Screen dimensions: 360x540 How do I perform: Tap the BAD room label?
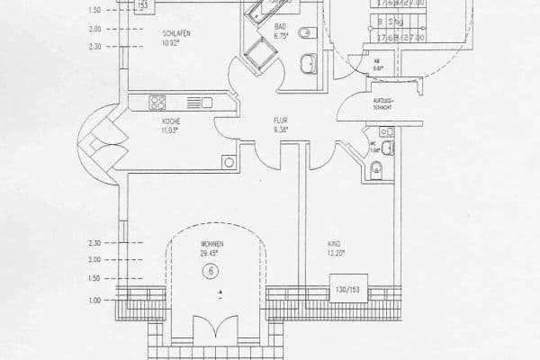[x=281, y=27]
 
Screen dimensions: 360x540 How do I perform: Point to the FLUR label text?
[x=281, y=120]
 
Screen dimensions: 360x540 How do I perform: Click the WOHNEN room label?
[x=211, y=245]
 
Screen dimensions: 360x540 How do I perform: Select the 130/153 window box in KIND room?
[x=347, y=290]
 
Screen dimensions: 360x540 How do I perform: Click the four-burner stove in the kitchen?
[x=157, y=102]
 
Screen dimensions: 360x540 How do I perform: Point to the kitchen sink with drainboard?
[x=198, y=102]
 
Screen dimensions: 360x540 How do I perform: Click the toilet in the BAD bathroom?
[x=305, y=33]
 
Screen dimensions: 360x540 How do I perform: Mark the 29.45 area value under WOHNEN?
[x=211, y=254]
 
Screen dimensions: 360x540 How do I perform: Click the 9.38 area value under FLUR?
[x=281, y=129]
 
